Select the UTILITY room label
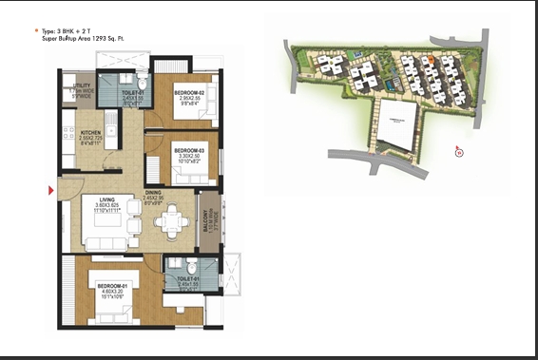click(x=82, y=90)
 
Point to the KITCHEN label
click(x=90, y=134)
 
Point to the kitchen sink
click(x=112, y=129)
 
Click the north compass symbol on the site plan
click(x=458, y=150)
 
